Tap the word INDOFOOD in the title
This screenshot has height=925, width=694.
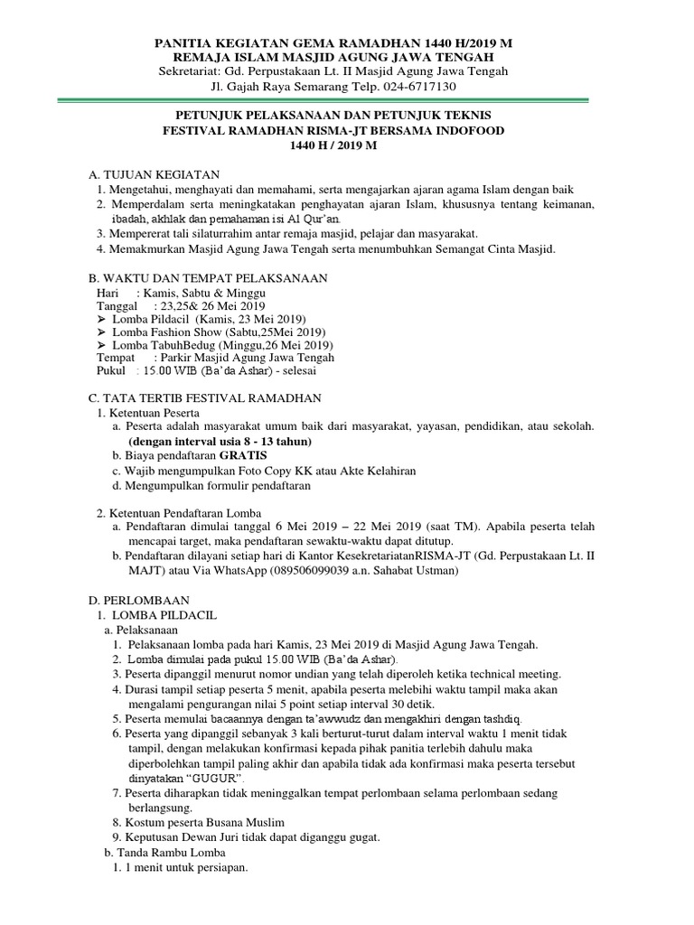pos(464,131)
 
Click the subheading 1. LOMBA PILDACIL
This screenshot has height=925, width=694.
pos(164,614)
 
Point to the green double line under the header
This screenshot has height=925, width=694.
pos(347,101)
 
